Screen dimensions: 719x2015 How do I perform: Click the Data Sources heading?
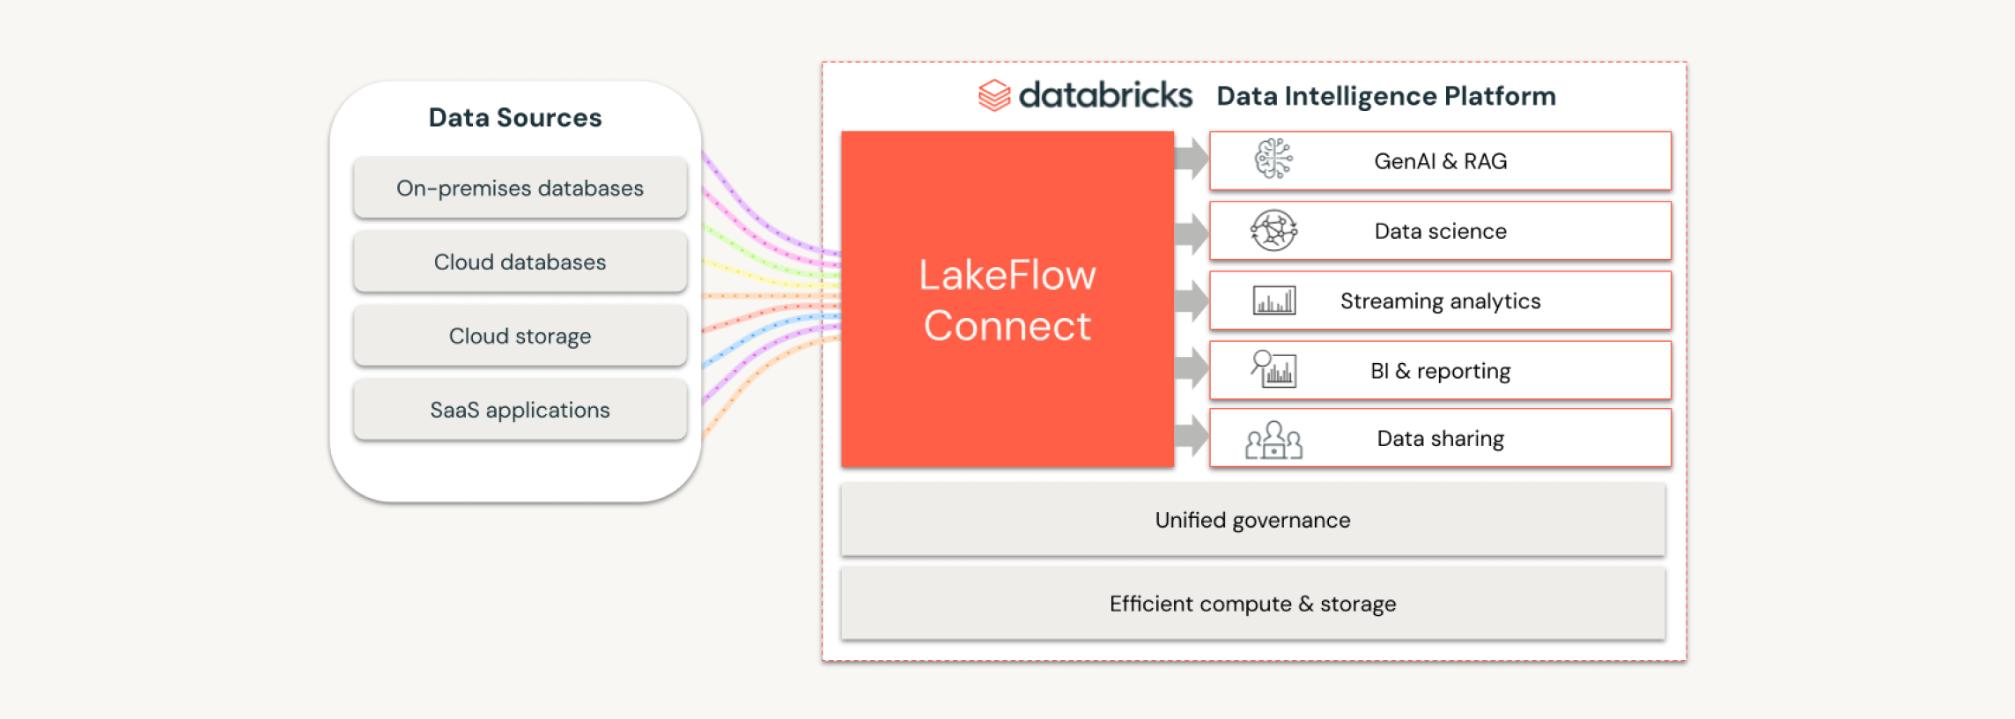point(515,117)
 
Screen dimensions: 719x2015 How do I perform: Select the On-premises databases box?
point(520,188)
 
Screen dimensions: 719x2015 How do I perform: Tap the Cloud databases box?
point(520,262)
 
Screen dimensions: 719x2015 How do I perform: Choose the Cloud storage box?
point(520,336)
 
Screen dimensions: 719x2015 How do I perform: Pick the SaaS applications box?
point(520,410)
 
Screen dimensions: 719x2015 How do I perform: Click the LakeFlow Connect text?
point(1008,300)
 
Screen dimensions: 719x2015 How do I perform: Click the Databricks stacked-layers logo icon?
point(994,95)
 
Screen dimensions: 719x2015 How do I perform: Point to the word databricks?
point(1105,95)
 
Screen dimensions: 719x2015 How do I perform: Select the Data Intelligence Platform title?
point(1386,96)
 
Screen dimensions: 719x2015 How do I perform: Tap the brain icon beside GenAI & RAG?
point(1273,159)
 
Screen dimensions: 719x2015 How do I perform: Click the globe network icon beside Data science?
point(1273,230)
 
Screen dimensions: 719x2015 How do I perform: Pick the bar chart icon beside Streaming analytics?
point(1274,300)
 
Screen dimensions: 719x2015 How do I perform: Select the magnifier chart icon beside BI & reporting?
point(1273,369)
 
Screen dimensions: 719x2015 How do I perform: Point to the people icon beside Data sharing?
point(1273,440)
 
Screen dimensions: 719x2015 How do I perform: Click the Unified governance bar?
point(1252,520)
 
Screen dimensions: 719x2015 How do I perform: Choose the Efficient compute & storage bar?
point(1252,604)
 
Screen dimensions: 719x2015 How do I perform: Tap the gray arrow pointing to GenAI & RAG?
point(1192,159)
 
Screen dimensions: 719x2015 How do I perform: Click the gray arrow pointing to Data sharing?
point(1192,435)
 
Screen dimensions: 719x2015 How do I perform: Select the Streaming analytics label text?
point(1440,301)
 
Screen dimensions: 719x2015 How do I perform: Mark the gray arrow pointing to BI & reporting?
point(1192,367)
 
